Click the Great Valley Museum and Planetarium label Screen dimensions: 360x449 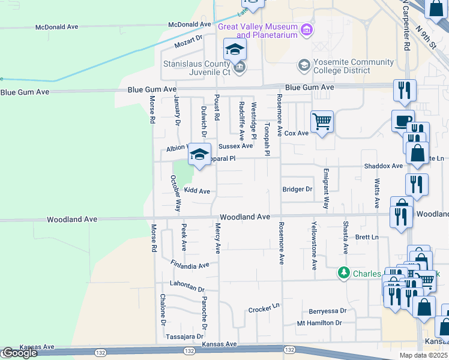pos(258,31)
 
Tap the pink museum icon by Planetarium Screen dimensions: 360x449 pos(307,29)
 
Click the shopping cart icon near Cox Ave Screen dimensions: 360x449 pos(322,122)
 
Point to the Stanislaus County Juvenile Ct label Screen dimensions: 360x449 pos(197,67)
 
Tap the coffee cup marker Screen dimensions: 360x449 pos(402,121)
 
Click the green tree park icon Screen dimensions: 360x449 pos(343,273)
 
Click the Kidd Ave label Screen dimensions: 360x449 pos(197,191)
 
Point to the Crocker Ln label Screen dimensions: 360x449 pos(264,310)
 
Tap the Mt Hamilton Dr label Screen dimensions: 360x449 pos(319,323)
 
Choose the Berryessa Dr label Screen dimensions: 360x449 pos(328,311)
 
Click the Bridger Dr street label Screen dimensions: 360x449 pos(298,189)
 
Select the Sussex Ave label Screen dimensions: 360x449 pos(235,146)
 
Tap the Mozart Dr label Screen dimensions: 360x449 pos(188,41)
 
